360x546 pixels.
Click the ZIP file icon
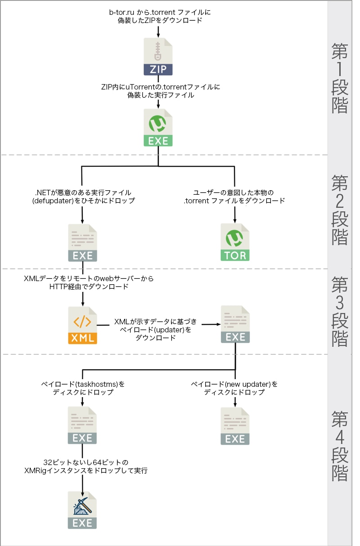coord(158,57)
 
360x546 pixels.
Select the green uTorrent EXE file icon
coord(158,127)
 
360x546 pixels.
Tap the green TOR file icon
coord(235,242)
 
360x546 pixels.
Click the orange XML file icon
coord(83,325)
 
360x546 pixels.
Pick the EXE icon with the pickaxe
coord(82,510)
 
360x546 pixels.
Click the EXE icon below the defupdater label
coord(82,243)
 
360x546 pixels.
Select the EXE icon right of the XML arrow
coord(235,324)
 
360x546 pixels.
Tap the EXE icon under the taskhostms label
coord(82,425)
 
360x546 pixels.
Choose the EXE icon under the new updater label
coord(235,425)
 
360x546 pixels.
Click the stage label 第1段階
coord(340,77)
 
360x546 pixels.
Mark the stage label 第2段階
coord(340,210)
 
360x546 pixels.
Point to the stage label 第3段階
coord(340,311)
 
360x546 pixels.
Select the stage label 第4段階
coord(340,446)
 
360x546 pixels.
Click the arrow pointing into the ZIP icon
coord(158,31)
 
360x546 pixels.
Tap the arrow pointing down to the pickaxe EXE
coord(82,483)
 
